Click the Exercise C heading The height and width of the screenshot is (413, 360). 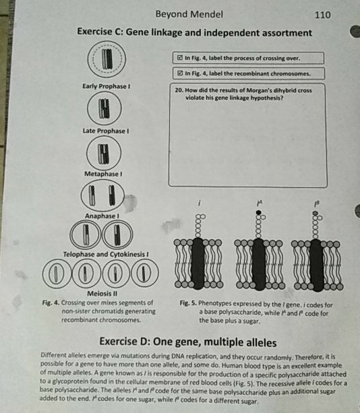click(x=194, y=33)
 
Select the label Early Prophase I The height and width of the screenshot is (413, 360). click(x=106, y=86)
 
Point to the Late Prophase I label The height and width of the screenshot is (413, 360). click(x=105, y=130)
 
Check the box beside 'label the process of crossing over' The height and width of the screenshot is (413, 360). click(x=179, y=58)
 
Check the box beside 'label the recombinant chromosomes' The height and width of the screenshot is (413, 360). click(x=179, y=73)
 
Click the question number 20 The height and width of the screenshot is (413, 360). click(x=179, y=89)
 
